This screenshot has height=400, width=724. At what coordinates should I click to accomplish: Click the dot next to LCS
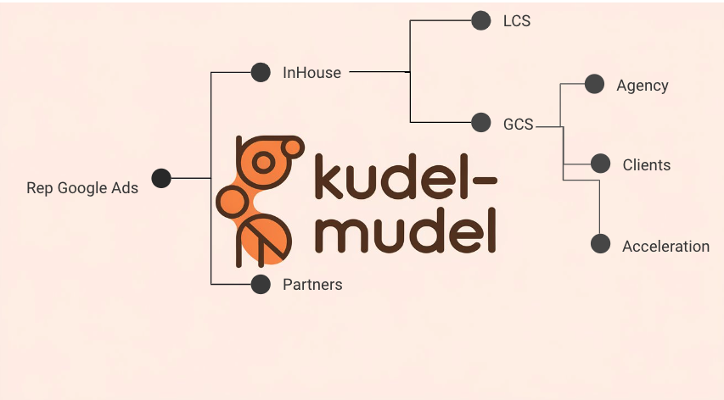[481, 20]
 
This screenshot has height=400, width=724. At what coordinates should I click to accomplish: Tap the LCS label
[517, 21]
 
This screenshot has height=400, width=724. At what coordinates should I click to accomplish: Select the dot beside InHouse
[261, 72]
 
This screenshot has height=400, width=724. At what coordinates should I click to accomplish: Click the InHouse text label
[311, 73]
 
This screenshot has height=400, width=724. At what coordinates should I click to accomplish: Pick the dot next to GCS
[481, 123]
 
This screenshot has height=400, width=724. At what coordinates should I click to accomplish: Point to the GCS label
[518, 125]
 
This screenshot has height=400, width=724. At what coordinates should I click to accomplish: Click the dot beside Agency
[594, 84]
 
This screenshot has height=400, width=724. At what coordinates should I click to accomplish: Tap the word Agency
[643, 86]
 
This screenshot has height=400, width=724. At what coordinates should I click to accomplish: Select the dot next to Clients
[600, 164]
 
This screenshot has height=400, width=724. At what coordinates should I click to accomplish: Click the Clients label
[647, 165]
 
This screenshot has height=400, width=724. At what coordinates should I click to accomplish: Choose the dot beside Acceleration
[600, 244]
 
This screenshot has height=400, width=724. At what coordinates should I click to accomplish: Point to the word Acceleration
[665, 247]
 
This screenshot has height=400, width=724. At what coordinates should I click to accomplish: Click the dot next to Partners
[261, 285]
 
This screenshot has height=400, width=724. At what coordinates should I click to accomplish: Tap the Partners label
[312, 285]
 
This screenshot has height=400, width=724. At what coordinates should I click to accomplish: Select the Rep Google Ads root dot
[161, 178]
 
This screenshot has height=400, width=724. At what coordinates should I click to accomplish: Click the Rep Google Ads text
[82, 188]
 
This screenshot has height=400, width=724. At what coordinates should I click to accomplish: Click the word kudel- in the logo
[406, 176]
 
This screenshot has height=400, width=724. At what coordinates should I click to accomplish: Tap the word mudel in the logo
[405, 231]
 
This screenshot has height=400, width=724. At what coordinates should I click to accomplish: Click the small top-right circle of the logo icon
[292, 147]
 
